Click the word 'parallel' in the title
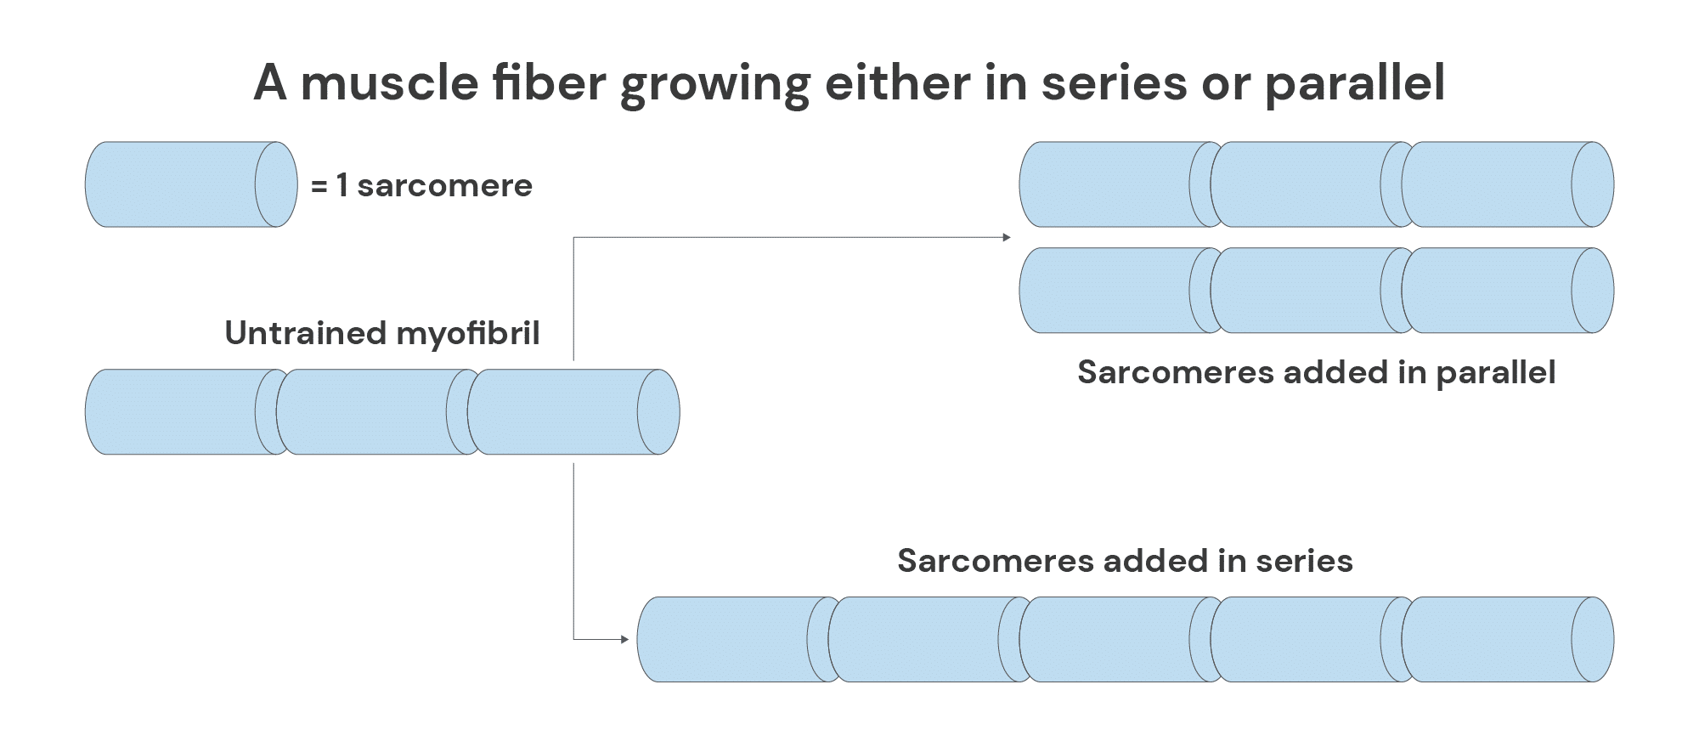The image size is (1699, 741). click(1354, 84)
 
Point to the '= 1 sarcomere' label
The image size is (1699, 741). click(421, 185)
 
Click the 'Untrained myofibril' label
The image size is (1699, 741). click(382, 333)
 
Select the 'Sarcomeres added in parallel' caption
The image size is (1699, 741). click(1316, 372)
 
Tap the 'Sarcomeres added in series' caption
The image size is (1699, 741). click(1125, 561)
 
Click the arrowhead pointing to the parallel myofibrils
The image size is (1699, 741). click(1007, 237)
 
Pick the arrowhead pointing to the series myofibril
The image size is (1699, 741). click(624, 639)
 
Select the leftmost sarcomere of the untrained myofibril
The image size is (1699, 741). click(174, 412)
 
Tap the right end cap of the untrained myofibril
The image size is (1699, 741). click(658, 412)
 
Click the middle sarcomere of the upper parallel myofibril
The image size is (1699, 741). click(1300, 184)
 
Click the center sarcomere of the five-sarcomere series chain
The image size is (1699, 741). click(1109, 639)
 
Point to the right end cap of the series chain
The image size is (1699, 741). click(1593, 639)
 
